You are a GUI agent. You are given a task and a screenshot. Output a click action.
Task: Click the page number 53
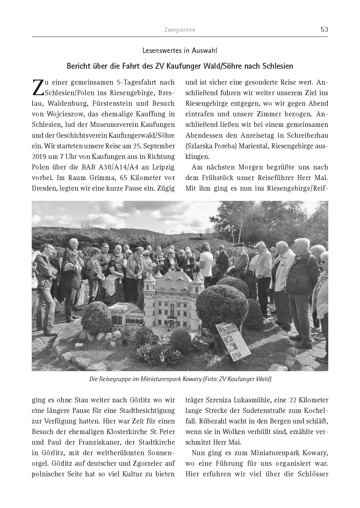pyautogui.click(x=324, y=30)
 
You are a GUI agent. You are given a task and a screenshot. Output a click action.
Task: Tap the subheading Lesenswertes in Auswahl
pyautogui.click(x=180, y=51)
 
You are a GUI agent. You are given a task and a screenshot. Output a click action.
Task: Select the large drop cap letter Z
pyautogui.click(x=37, y=87)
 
